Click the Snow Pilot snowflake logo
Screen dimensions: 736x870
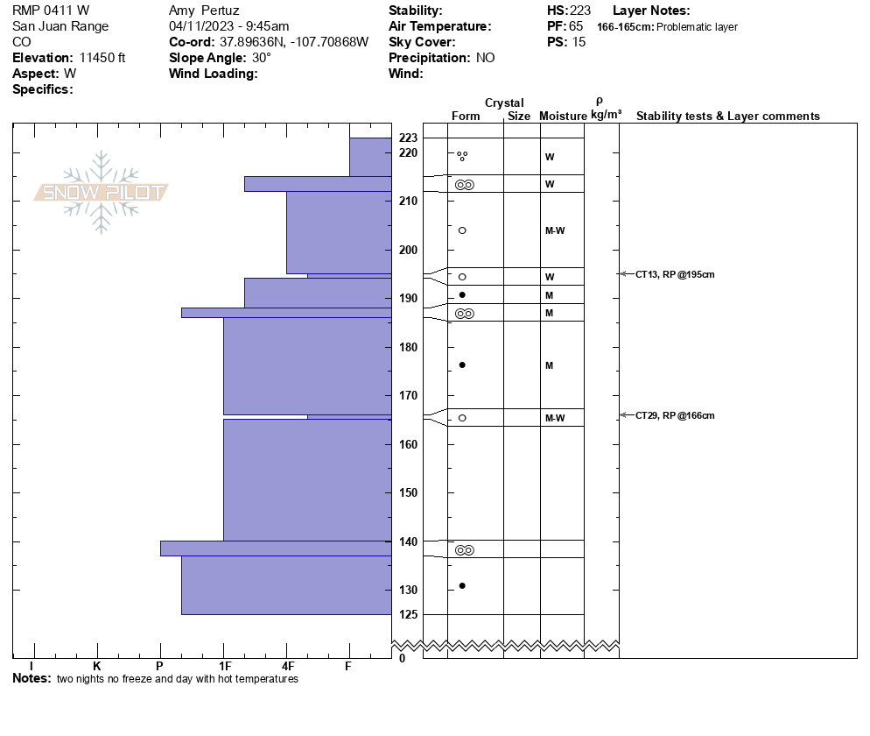pyautogui.click(x=102, y=193)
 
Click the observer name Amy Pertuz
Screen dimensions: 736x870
pyautogui.click(x=204, y=11)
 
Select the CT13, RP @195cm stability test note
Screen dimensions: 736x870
pyautogui.click(x=675, y=274)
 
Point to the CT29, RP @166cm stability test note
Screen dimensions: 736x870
pyautogui.click(x=675, y=415)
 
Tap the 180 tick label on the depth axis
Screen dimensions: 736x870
pyautogui.click(x=408, y=347)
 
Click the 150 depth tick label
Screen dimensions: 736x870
pyautogui.click(x=408, y=492)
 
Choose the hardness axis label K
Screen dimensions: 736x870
pyautogui.click(x=97, y=667)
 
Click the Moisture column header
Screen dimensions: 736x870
pyautogui.click(x=563, y=117)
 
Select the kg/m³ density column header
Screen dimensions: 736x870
pyautogui.click(x=606, y=115)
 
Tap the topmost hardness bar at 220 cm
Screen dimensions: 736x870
pyautogui.click(x=370, y=157)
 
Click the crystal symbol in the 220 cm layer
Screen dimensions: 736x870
pyautogui.click(x=462, y=156)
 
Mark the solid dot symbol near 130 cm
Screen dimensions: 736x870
pyautogui.click(x=462, y=585)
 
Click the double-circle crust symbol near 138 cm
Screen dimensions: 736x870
pyautogui.click(x=464, y=550)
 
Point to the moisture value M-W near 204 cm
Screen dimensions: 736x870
pyautogui.click(x=554, y=230)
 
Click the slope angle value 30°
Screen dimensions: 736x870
pyautogui.click(x=262, y=58)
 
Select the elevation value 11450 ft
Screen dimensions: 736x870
pyautogui.click(x=102, y=58)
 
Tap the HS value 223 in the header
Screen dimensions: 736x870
pyautogui.click(x=580, y=11)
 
